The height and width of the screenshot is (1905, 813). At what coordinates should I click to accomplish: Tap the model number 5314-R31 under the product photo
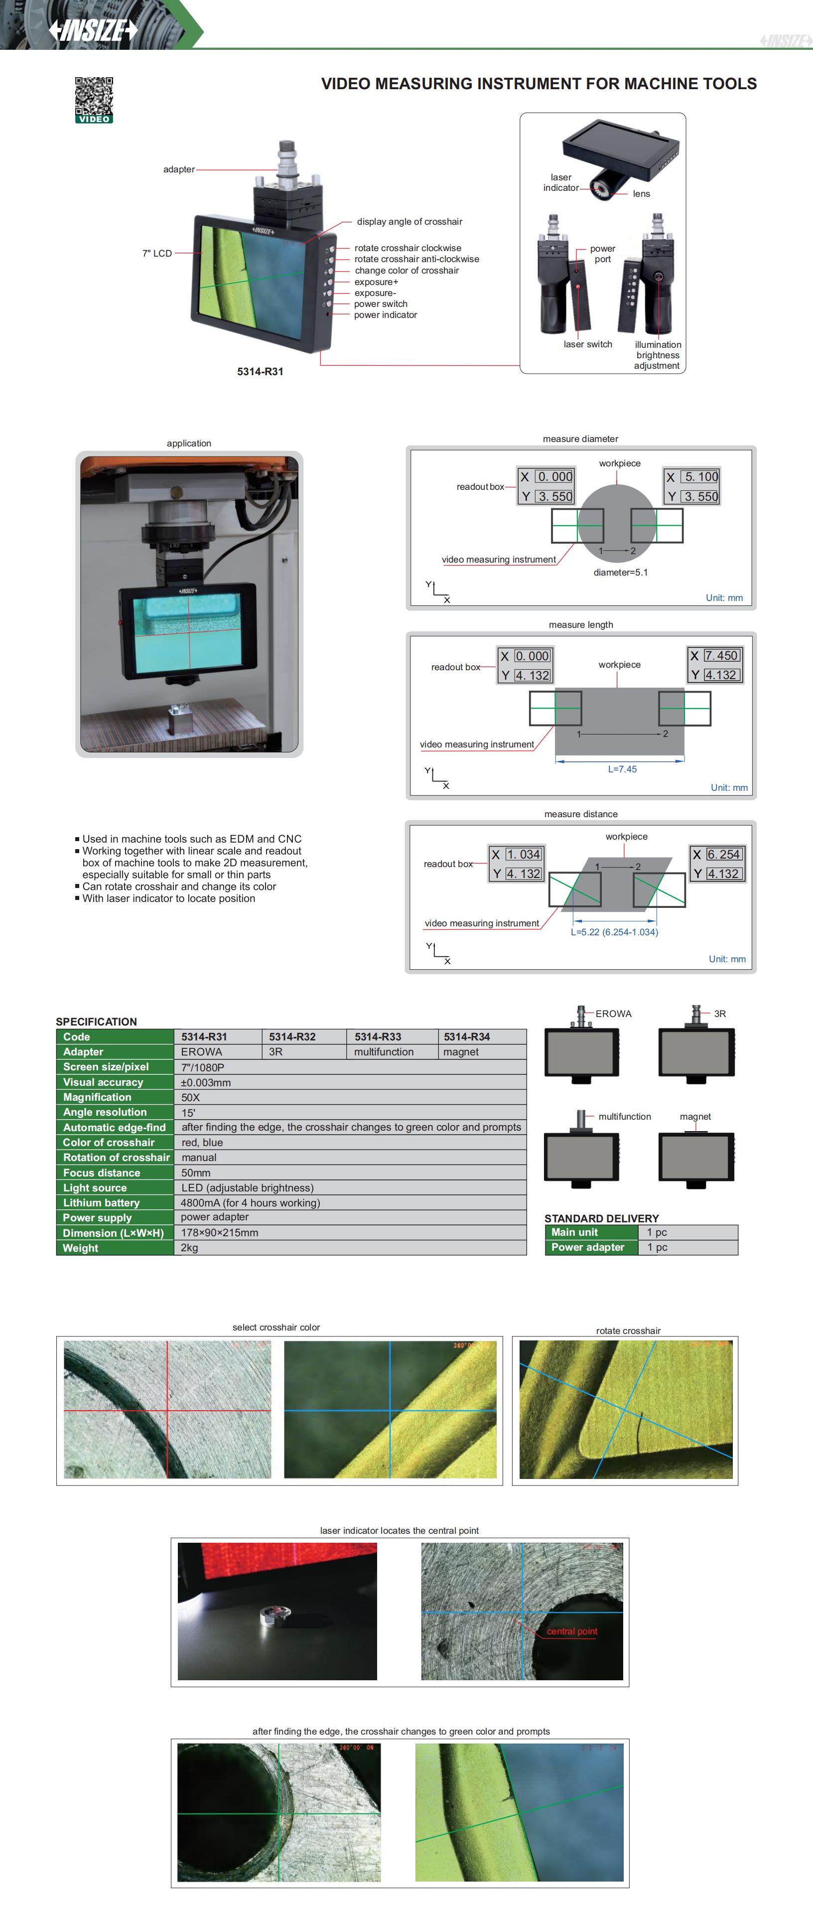[260, 371]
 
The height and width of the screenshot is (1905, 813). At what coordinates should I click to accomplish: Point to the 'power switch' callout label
[381, 304]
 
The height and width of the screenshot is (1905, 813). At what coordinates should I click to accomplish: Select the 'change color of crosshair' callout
[406, 271]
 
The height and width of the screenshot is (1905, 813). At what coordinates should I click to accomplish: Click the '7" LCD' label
[157, 253]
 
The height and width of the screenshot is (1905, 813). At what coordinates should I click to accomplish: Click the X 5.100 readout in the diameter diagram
[692, 477]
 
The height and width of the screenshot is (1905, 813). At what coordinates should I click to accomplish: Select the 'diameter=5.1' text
[620, 573]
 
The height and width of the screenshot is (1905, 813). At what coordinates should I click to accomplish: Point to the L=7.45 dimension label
[622, 769]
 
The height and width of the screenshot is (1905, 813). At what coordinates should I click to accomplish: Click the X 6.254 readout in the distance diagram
[716, 854]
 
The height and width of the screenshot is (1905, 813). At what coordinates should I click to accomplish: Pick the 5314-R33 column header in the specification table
[378, 1037]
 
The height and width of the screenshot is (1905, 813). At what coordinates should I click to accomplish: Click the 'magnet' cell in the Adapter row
[461, 1051]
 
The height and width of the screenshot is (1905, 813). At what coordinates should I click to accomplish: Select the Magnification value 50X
[191, 1097]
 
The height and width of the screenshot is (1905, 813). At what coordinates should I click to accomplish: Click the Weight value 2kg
[189, 1248]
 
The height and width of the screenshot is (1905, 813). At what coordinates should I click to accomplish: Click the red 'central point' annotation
[571, 1631]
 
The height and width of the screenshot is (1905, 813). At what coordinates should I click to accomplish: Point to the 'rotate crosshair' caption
[628, 1330]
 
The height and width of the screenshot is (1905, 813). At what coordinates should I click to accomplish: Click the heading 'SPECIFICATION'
[96, 1022]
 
